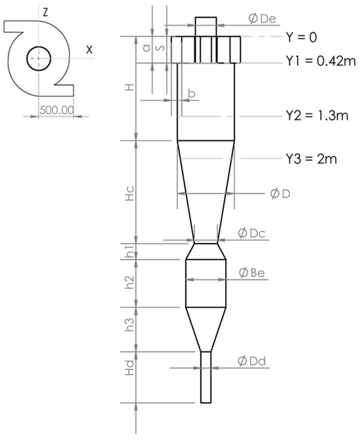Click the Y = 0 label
tap(303, 37)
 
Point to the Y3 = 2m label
tap(310, 159)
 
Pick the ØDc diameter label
tap(252, 233)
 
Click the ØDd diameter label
tap(252, 360)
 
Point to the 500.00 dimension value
tap(54, 110)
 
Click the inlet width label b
tap(191, 93)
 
